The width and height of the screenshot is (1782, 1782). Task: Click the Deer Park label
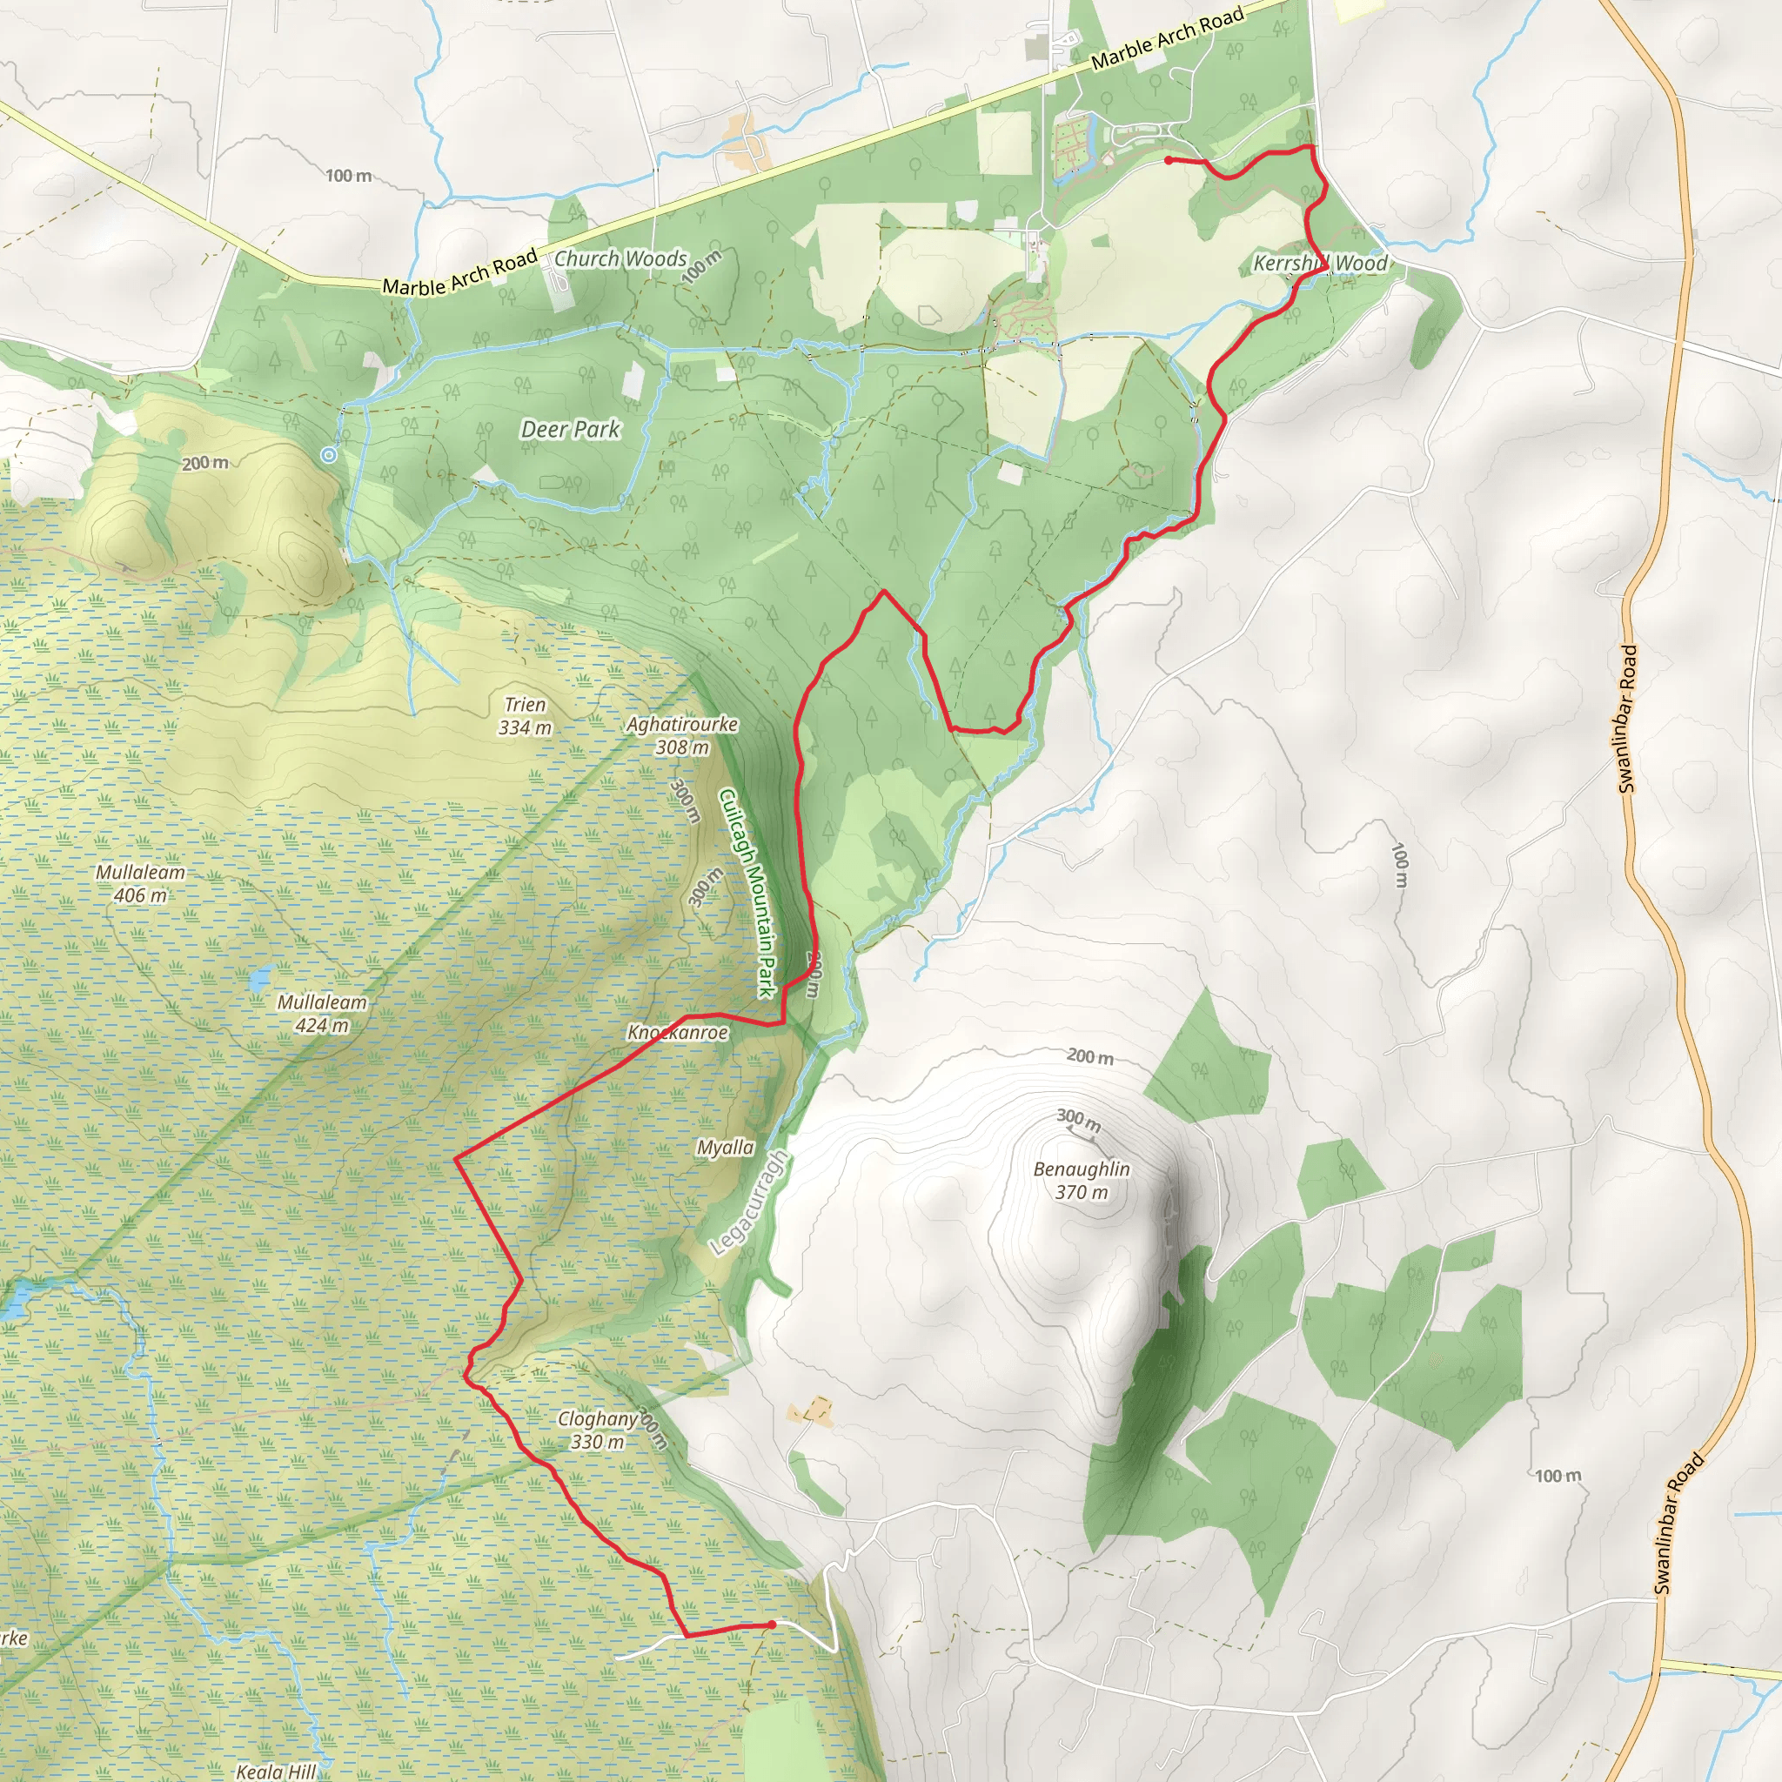click(x=570, y=429)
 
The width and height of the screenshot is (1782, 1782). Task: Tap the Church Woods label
click(x=620, y=258)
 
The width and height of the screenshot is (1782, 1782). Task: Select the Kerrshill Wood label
click(x=1320, y=263)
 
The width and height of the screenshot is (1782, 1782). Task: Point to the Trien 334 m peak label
click(x=525, y=716)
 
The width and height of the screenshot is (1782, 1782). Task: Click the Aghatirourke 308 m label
click(x=681, y=735)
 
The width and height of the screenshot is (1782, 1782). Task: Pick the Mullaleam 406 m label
click(x=140, y=882)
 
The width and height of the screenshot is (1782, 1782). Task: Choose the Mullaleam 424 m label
click(x=322, y=1013)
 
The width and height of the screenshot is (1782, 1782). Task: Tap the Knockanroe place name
click(x=677, y=1032)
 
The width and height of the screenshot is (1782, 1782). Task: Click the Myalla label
click(x=725, y=1148)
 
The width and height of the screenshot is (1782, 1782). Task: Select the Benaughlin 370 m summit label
click(x=1081, y=1180)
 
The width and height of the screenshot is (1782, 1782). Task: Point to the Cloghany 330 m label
click(x=598, y=1430)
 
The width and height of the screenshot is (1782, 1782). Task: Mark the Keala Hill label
click(x=276, y=1771)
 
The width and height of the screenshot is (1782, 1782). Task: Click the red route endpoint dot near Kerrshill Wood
click(x=1169, y=160)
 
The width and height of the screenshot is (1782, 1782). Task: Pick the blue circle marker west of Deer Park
click(x=328, y=455)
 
